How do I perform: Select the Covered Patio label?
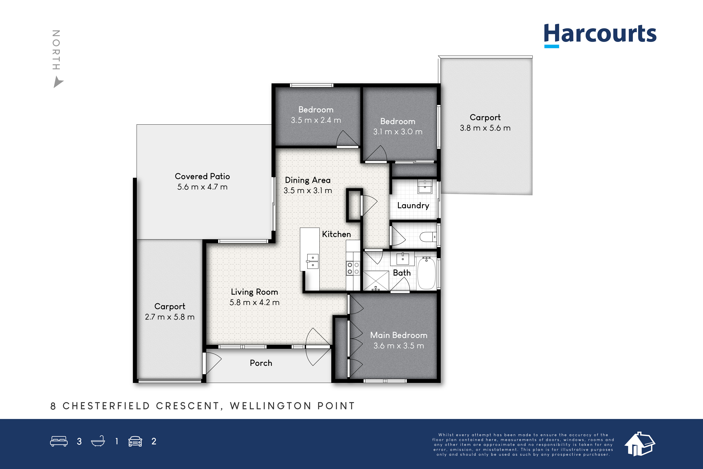[x=202, y=177]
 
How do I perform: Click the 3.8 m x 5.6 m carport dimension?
[x=485, y=128]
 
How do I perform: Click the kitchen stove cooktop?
[x=353, y=268]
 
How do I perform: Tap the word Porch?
[x=261, y=363]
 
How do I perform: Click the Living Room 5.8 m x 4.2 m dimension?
[x=254, y=302]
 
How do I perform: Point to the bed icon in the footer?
[x=59, y=441]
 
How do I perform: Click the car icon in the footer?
[x=135, y=441]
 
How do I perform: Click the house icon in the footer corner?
[x=640, y=444]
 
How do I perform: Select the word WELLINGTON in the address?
[x=270, y=406]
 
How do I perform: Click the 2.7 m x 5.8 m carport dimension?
[x=170, y=317]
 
